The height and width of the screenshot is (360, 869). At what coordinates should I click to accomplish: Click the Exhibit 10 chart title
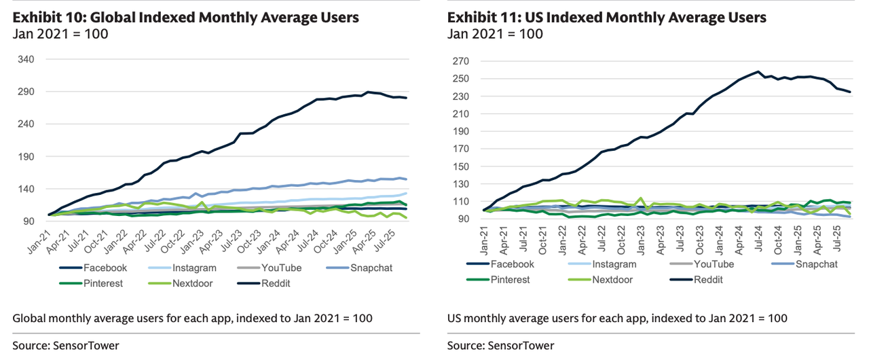185,17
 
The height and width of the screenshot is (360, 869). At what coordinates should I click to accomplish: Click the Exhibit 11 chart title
606,17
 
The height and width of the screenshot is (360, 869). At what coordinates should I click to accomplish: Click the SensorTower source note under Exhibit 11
500,345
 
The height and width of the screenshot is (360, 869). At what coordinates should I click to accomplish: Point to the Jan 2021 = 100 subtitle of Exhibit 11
495,34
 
